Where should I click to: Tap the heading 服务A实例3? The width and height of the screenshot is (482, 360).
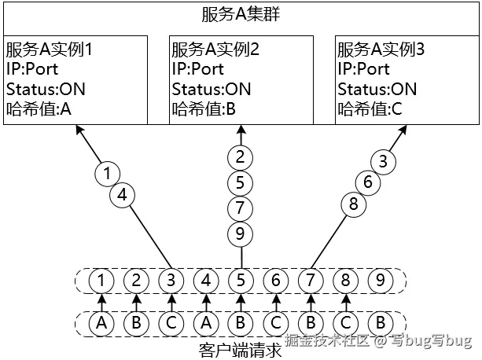click(x=381, y=49)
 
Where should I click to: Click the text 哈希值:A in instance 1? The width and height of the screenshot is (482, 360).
click(x=39, y=108)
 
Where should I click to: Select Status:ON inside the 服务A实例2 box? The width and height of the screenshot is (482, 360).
click(x=212, y=89)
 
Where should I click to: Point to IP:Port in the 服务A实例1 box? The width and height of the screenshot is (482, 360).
click(x=32, y=69)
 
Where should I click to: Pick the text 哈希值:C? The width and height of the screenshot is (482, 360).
click(x=370, y=108)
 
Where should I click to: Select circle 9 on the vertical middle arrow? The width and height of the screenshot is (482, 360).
click(x=241, y=233)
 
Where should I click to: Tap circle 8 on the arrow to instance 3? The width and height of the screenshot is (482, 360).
click(x=353, y=204)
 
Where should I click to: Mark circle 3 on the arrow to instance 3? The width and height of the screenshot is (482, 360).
click(x=383, y=163)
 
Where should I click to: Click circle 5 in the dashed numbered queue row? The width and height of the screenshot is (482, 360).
click(x=241, y=279)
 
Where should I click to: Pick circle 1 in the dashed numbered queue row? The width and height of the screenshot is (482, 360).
click(x=100, y=279)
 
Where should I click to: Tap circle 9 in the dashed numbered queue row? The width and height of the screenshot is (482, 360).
click(x=381, y=279)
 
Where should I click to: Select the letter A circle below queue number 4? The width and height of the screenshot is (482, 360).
click(x=205, y=322)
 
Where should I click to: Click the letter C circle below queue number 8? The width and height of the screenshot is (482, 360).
click(x=345, y=322)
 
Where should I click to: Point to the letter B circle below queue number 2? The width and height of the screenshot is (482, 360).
click(x=135, y=322)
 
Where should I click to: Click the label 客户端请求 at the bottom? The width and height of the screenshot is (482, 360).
click(x=241, y=349)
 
